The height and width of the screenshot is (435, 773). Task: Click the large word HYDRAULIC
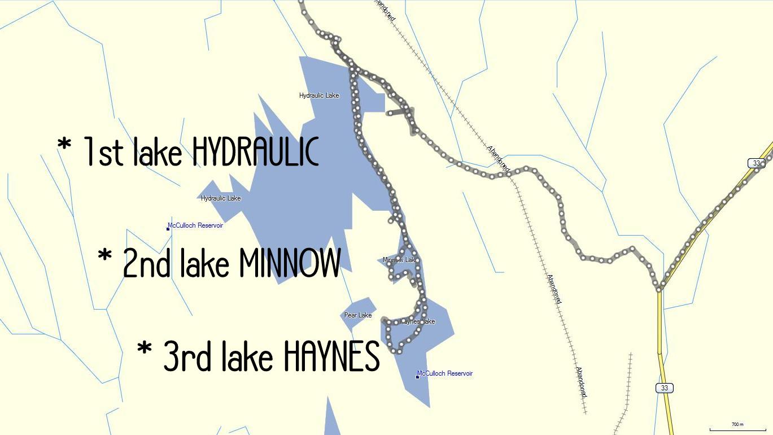[x=255, y=151]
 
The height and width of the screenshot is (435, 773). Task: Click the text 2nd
[x=146, y=263]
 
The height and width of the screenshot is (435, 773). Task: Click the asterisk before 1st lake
[x=64, y=145]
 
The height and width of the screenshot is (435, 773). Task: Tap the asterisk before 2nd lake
[x=105, y=255]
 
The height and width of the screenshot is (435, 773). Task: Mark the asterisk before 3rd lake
[x=145, y=349]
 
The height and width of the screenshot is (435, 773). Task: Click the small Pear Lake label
[x=358, y=315]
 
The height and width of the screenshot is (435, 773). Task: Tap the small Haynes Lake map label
[x=418, y=321]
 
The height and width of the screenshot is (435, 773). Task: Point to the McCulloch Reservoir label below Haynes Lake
[x=445, y=373]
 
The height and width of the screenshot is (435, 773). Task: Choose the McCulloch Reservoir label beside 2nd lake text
[x=195, y=225]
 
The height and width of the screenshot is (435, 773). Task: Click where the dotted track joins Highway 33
[x=659, y=290]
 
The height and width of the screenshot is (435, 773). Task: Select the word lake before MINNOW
[x=204, y=263]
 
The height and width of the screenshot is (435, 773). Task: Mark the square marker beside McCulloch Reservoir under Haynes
[x=417, y=377]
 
